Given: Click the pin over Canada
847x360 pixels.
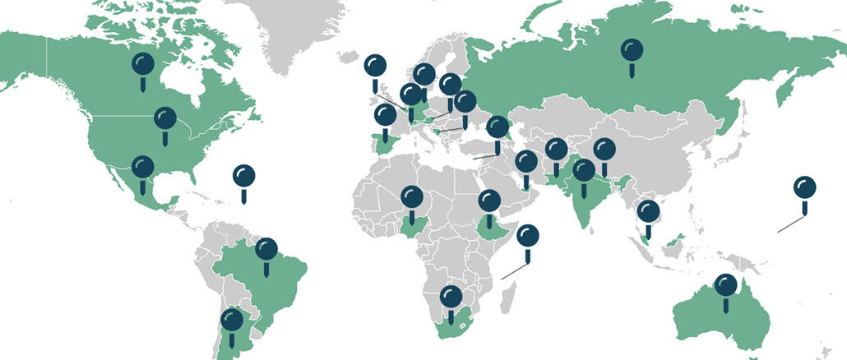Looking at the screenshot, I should [x=143, y=64].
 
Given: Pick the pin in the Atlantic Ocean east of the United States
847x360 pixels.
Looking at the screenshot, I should [x=243, y=176].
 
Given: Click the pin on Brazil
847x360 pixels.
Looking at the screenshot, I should [x=266, y=249].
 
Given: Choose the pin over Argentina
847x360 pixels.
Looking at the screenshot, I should [x=232, y=320].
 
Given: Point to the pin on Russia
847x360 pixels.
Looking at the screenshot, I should [x=632, y=51].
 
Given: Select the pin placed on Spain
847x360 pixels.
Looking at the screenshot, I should [x=384, y=116].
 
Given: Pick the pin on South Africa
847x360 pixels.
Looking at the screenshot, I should [x=451, y=297].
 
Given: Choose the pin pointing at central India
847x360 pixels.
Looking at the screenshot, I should [x=584, y=171].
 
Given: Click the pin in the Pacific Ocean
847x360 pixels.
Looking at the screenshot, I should [x=804, y=188].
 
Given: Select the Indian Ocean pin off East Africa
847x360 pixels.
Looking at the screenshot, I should [x=528, y=237].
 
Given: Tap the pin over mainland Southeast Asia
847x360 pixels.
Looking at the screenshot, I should [x=649, y=212].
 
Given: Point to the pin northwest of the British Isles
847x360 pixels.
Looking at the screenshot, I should [x=374, y=65].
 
